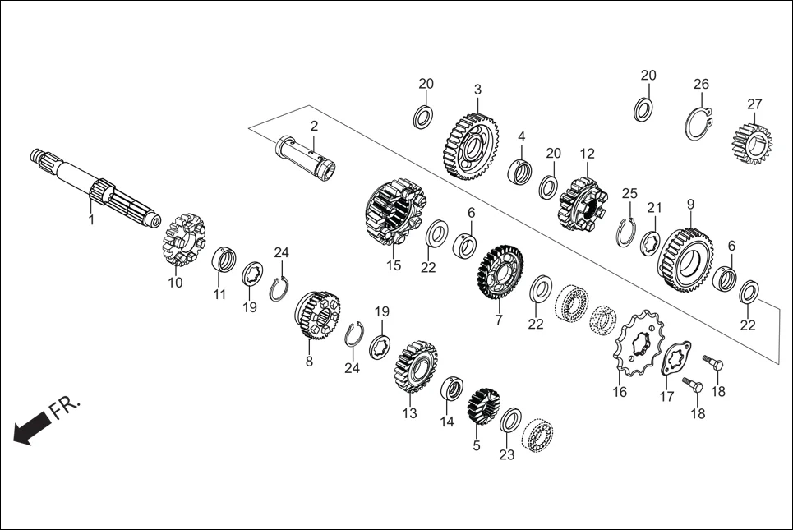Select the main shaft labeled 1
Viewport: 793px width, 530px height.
coord(95,188)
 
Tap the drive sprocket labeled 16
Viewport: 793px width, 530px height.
coord(639,343)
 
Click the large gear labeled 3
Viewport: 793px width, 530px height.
coord(472,146)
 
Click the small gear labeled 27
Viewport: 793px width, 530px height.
coord(752,142)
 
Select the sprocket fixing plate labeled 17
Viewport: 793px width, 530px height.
coord(675,358)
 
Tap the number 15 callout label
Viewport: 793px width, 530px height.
coord(394,265)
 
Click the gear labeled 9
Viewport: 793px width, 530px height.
coord(686,260)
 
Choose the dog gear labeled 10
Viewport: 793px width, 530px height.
coord(183,241)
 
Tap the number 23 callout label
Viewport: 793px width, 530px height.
coord(506,454)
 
